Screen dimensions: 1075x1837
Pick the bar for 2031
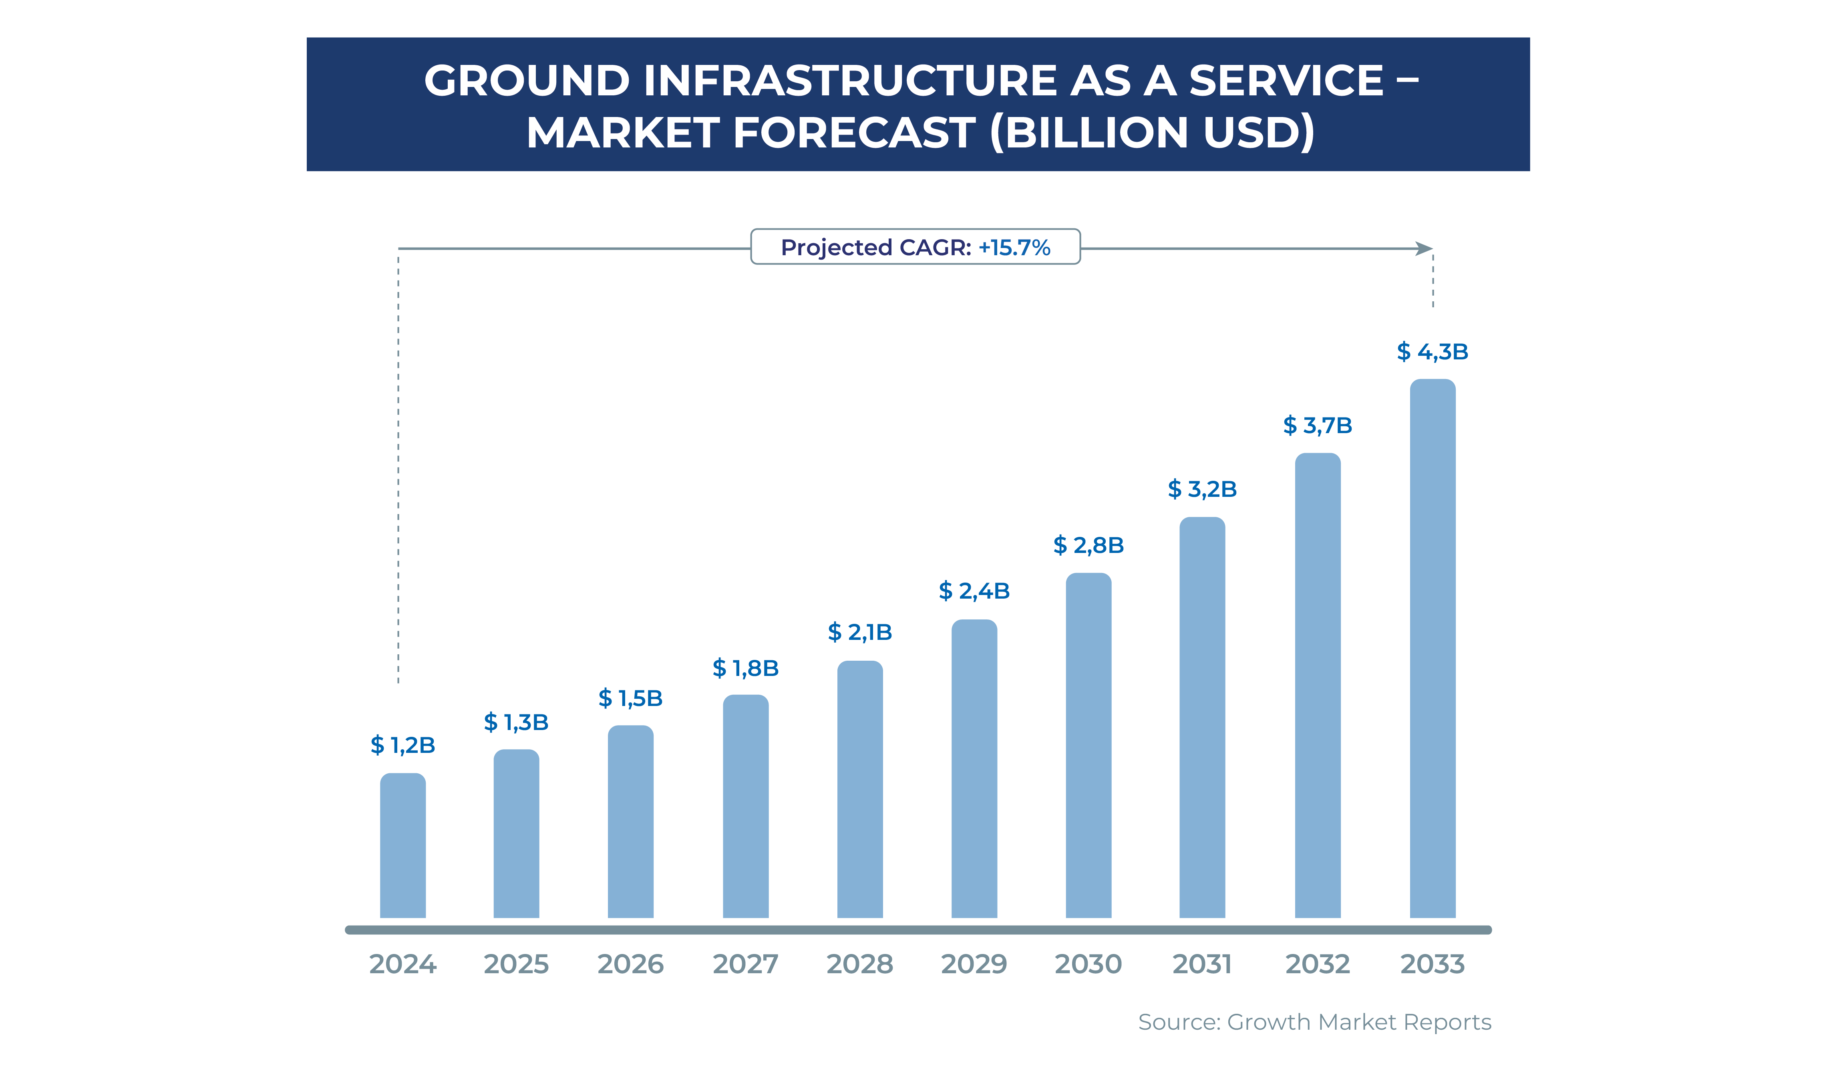tap(1202, 718)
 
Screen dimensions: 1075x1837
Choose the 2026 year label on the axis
tap(631, 964)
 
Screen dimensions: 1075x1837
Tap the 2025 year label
tap(516, 964)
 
